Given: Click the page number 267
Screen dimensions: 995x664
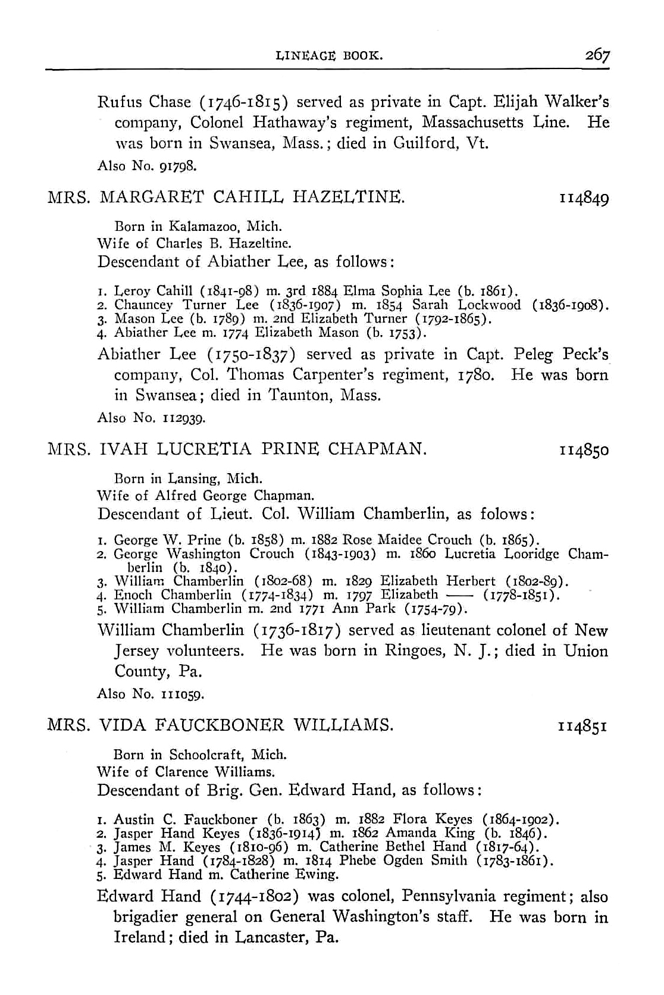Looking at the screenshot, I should pos(597,55).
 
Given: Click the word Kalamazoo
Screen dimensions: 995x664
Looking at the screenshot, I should pos(203,227).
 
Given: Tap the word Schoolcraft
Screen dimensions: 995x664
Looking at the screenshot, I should pos(208,755).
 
